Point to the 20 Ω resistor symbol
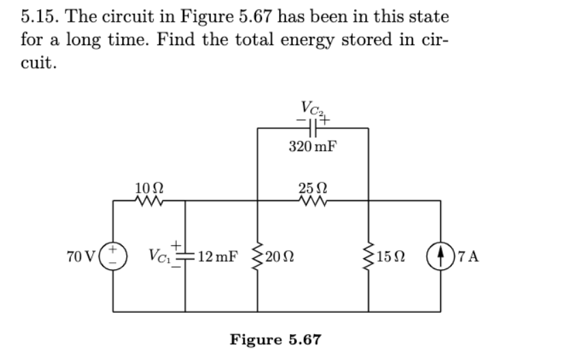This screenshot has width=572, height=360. pos(257,258)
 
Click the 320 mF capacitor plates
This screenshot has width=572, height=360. pos(313,127)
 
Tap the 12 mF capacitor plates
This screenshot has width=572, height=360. pos(185,258)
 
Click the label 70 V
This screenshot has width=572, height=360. pos(81,258)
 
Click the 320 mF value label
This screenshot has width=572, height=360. pos(313,147)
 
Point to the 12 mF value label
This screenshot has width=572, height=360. pos(216,258)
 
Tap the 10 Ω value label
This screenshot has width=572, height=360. pos(148,186)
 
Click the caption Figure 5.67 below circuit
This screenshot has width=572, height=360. pos(275,339)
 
